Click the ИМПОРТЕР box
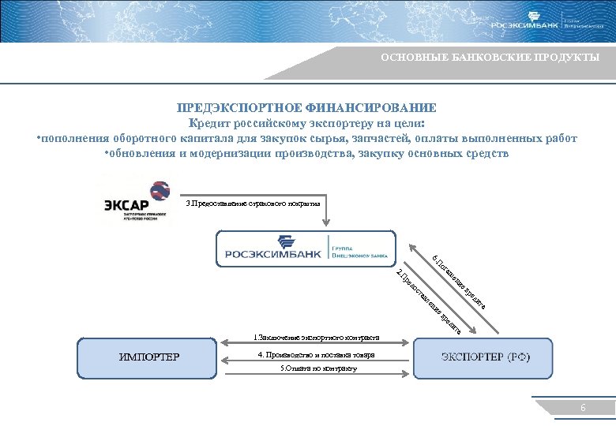click(x=149, y=357)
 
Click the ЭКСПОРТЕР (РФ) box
click(x=485, y=357)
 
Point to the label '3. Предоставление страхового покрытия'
click(x=253, y=204)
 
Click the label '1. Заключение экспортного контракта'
click(x=316, y=338)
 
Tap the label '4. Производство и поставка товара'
click(x=316, y=355)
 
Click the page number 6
click(x=583, y=408)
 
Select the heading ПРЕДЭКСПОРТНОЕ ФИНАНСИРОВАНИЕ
click(x=306, y=108)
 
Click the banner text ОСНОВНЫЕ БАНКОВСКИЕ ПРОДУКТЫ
click(x=490, y=58)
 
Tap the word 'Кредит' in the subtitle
click(x=208, y=124)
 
